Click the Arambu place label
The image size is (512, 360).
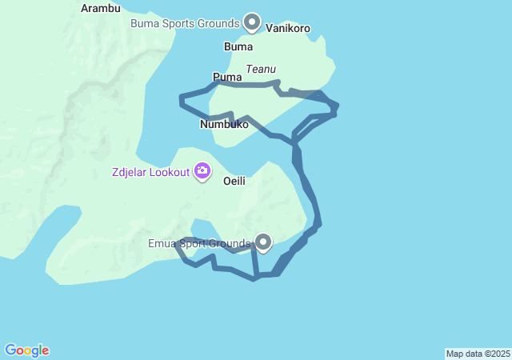[101, 9]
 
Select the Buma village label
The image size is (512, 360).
[238, 46]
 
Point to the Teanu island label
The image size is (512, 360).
[261, 70]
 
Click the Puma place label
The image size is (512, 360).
[226, 78]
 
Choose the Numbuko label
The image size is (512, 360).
[224, 125]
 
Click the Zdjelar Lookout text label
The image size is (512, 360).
[150, 171]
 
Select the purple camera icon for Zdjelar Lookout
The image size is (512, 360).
[202, 170]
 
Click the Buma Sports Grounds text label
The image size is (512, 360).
[186, 23]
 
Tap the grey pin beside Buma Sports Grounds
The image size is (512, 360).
[252, 22]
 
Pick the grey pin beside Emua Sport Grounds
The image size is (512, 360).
[262, 241]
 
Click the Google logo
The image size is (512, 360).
[26, 350]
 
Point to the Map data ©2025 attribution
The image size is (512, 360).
[478, 354]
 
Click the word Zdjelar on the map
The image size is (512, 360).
[130, 171]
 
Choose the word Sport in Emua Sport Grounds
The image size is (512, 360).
[196, 243]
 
